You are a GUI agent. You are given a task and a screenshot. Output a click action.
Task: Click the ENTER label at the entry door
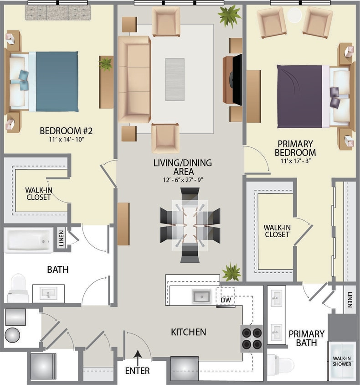137,371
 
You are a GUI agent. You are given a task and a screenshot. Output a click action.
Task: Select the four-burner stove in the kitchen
252,338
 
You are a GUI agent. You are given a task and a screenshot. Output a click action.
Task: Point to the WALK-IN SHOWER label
342,361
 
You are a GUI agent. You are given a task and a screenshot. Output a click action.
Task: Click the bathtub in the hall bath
28,240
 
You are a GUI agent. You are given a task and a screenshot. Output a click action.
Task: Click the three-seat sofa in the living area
134,79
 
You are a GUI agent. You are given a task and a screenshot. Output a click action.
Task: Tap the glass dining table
190,225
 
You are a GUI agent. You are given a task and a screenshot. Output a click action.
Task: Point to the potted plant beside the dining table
231,272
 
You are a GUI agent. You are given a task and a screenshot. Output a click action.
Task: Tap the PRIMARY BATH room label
306,338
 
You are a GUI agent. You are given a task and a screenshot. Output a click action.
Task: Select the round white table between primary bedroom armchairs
294,15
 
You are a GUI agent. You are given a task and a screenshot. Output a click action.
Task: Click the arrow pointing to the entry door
137,354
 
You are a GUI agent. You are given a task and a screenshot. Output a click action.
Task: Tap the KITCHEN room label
189,332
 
